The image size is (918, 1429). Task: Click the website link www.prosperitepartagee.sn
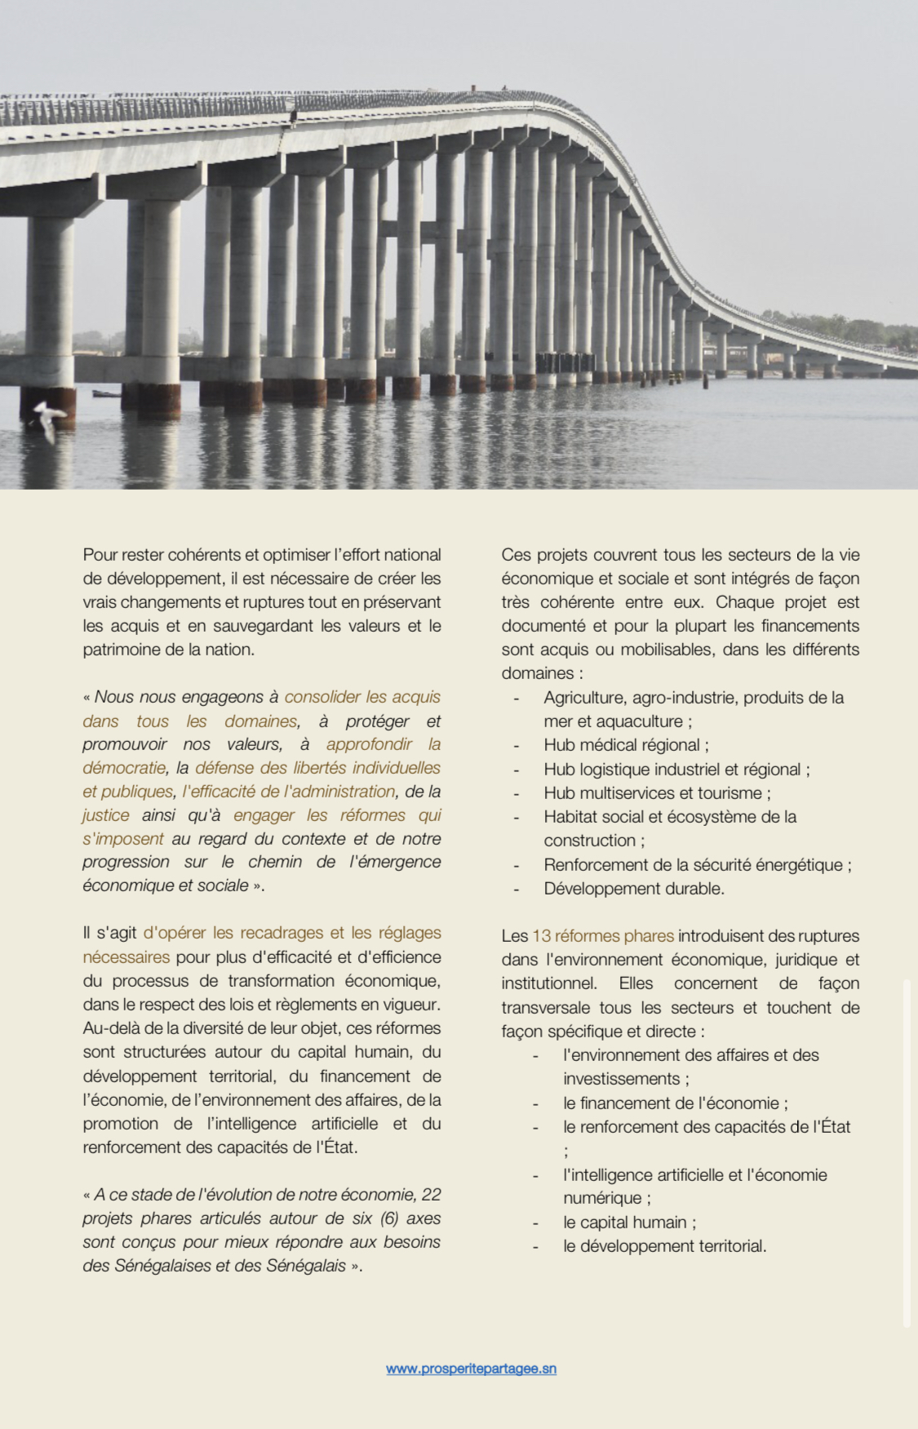[x=471, y=1369]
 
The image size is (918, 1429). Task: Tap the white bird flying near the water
[x=47, y=419]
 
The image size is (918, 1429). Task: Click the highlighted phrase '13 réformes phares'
[x=603, y=936]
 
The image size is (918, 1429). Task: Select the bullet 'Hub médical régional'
[x=626, y=745]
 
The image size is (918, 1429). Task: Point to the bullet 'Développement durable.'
[x=633, y=889]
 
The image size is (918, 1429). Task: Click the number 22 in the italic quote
[x=431, y=1195]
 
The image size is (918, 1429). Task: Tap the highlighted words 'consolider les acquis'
[x=362, y=697]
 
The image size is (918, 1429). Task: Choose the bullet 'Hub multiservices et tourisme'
[x=657, y=793]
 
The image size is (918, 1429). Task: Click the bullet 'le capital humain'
[x=629, y=1223]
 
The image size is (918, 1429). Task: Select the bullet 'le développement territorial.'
[x=664, y=1246]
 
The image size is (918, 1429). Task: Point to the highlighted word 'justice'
[x=106, y=815]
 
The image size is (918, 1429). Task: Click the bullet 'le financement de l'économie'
[x=675, y=1103]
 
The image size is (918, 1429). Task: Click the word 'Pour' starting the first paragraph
[x=100, y=555]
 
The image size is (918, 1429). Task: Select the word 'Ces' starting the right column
[x=516, y=555]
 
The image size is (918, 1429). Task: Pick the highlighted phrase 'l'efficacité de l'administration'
[x=289, y=792]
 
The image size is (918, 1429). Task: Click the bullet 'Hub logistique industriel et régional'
[x=676, y=770]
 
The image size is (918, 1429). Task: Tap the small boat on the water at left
[x=106, y=394]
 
